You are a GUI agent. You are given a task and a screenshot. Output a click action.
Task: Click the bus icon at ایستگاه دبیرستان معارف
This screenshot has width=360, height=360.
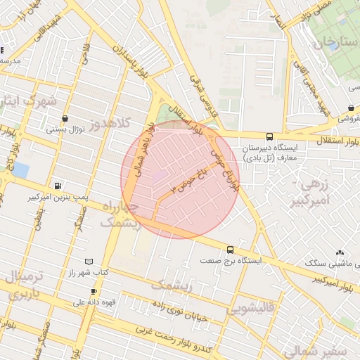click(270, 136)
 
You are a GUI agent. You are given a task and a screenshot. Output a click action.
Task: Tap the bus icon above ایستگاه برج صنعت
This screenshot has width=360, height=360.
click(230, 250)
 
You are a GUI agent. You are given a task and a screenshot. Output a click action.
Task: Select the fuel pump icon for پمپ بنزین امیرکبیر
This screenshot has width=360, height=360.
click(56, 187)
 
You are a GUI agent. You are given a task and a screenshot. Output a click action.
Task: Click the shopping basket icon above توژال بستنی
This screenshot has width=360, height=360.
click(65, 119)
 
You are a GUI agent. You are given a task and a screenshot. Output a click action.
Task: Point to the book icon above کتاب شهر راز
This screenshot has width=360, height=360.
click(88, 262)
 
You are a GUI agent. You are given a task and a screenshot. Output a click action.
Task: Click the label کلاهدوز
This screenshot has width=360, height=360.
click(112, 124)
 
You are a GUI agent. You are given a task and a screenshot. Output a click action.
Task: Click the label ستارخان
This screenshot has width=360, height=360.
click(330, 44)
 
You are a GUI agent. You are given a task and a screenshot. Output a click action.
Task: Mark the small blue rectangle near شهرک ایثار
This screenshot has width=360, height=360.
click(20, 170)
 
